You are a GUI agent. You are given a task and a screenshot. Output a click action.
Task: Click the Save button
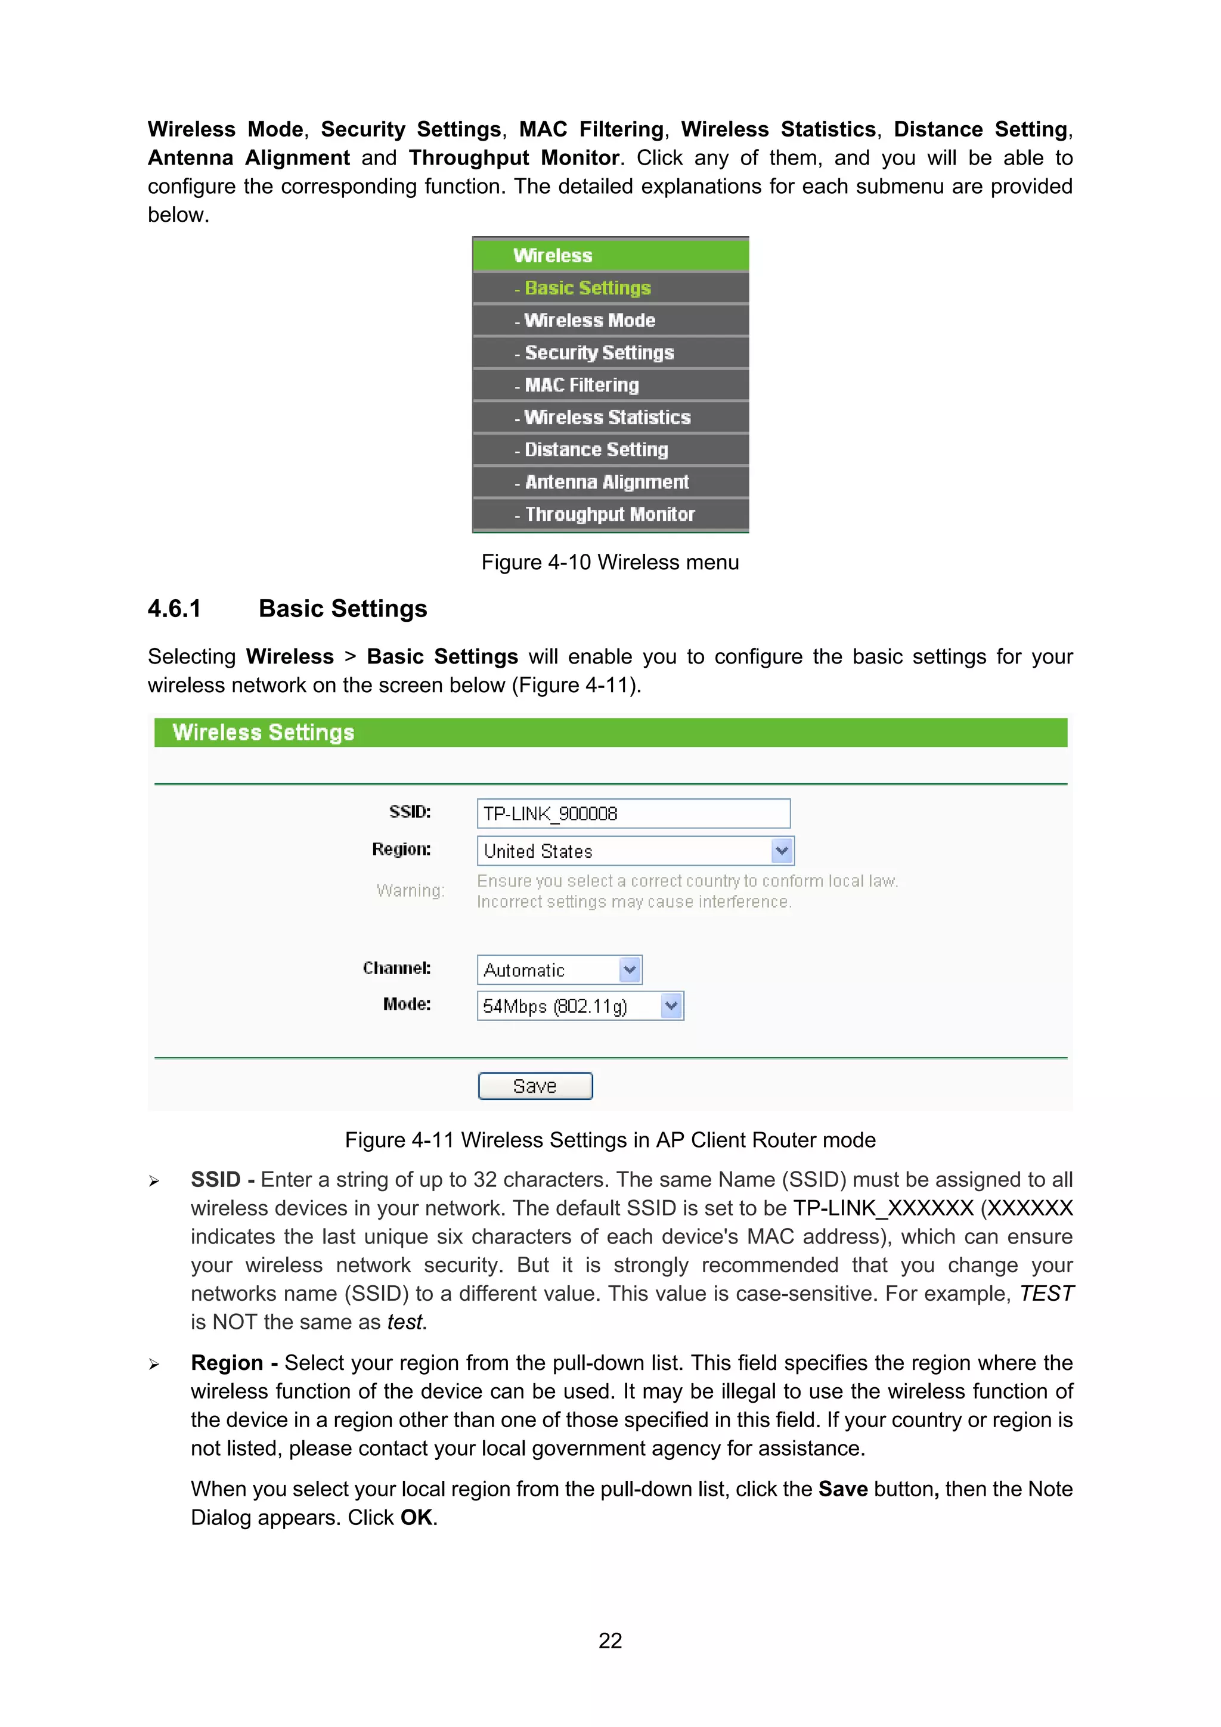pos(535,1086)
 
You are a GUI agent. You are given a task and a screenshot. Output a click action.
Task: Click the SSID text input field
pos(633,813)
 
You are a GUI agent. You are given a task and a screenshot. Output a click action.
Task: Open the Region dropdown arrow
pos(782,851)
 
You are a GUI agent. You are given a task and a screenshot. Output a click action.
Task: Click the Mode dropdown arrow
pos(672,1006)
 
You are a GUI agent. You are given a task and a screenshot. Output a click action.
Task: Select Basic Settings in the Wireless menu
pos(588,288)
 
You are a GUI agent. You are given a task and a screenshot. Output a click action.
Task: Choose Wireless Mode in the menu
pos(589,321)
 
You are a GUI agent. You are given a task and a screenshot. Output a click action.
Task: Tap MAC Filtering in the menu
pos(581,385)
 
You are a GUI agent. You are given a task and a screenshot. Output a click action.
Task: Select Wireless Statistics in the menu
pos(607,417)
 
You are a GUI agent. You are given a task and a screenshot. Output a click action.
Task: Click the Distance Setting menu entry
pos(596,450)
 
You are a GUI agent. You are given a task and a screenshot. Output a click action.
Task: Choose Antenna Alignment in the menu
pos(606,482)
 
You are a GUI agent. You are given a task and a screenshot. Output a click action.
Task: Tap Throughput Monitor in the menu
pos(609,514)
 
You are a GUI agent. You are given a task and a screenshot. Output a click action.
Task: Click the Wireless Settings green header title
pos(264,733)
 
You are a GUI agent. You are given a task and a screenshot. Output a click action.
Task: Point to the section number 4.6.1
pos(175,609)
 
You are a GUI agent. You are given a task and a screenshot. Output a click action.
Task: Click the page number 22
pos(610,1641)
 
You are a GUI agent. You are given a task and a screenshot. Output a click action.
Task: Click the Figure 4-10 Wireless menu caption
pos(610,562)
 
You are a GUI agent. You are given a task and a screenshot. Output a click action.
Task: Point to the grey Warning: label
pos(411,891)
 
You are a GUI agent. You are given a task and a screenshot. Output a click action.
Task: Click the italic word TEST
pos(1046,1294)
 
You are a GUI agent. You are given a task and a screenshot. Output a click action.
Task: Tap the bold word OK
pos(416,1517)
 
